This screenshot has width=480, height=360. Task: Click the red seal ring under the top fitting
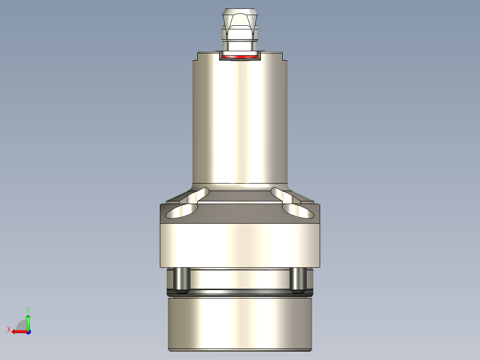240,57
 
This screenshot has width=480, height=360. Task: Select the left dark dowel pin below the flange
180,279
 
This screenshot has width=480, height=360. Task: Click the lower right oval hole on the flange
297,212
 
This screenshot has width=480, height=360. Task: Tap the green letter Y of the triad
28,309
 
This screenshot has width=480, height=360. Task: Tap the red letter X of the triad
8,329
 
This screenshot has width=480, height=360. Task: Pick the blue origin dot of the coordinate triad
28,332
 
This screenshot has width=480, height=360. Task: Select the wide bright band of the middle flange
240,245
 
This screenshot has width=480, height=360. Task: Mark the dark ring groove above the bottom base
240,292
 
